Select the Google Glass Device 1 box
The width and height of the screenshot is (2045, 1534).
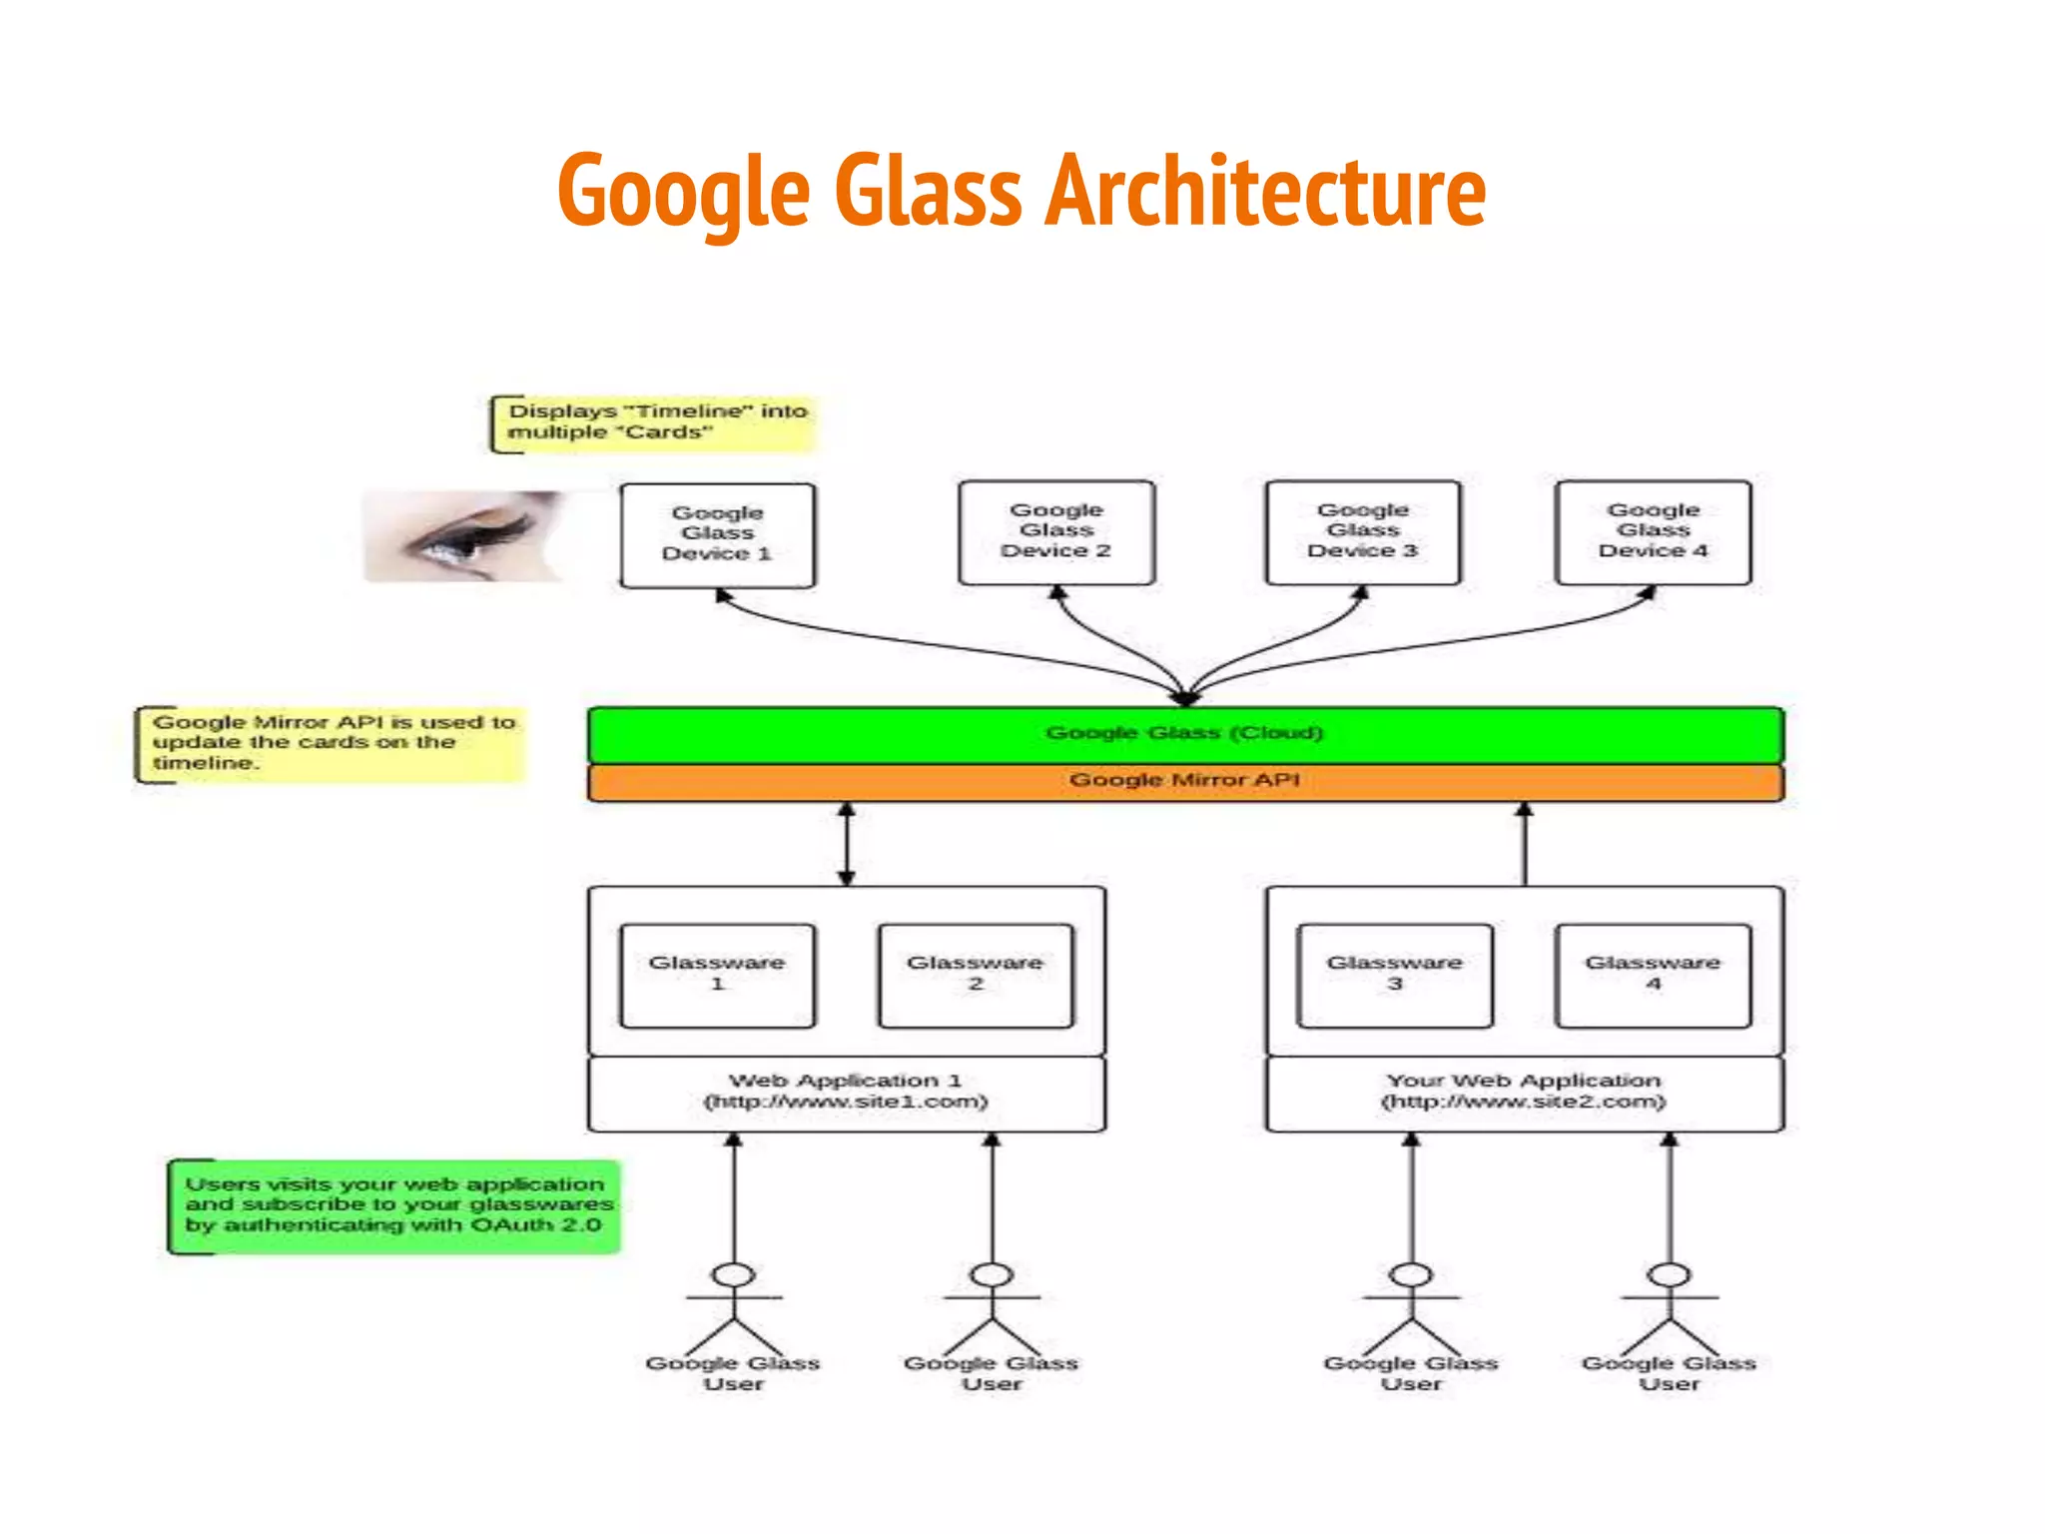click(717, 535)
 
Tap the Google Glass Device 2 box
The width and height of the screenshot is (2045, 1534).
click(1055, 532)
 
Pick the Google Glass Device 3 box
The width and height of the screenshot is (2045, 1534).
click(1363, 532)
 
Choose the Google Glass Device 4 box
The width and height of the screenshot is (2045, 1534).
click(1653, 532)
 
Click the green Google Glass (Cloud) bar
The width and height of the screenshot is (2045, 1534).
click(1185, 734)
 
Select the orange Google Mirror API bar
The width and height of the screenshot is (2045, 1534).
click(1185, 782)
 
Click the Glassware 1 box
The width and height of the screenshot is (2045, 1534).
click(717, 975)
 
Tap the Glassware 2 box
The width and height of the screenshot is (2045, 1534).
click(976, 975)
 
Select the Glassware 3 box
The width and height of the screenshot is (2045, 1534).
click(1394, 975)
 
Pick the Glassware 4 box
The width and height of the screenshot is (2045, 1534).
click(1653, 975)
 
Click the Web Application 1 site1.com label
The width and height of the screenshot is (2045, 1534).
click(846, 1093)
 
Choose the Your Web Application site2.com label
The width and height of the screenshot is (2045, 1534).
click(1524, 1093)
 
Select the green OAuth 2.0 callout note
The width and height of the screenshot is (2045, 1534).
click(395, 1206)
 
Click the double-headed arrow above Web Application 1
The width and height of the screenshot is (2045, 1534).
click(846, 845)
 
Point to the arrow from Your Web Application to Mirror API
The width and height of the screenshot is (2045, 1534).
click(1524, 845)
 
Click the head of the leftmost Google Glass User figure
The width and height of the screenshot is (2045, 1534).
click(734, 1275)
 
